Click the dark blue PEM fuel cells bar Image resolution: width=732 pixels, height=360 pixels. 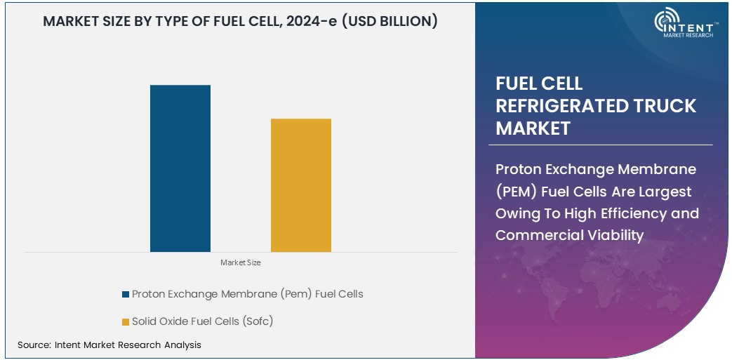(180, 168)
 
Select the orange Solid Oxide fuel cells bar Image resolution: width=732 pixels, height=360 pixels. (301, 185)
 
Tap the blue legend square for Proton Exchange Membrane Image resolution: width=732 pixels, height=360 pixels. (126, 294)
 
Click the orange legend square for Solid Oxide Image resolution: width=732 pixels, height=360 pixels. (126, 321)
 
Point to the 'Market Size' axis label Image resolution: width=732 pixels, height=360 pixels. (241, 262)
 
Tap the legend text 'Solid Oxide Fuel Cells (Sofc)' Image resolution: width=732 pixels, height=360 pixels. (202, 321)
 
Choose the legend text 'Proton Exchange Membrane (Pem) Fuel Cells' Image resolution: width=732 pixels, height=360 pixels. (247, 294)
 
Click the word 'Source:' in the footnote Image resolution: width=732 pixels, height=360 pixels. (34, 345)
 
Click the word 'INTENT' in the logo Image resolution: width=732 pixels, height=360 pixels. (687, 25)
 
